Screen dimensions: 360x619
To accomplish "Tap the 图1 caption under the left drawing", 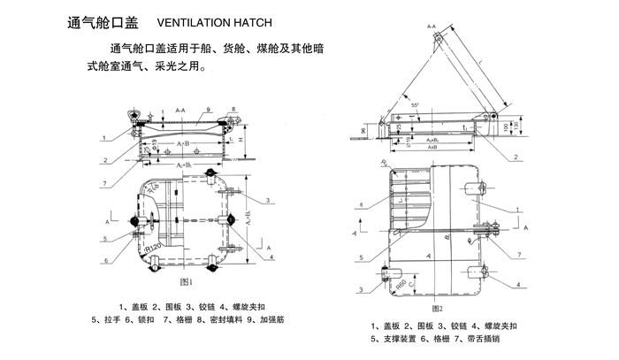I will tap(186, 282).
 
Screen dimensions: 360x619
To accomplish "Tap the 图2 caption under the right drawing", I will tap(436, 309).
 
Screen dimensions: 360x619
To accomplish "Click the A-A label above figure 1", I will tap(180, 110).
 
